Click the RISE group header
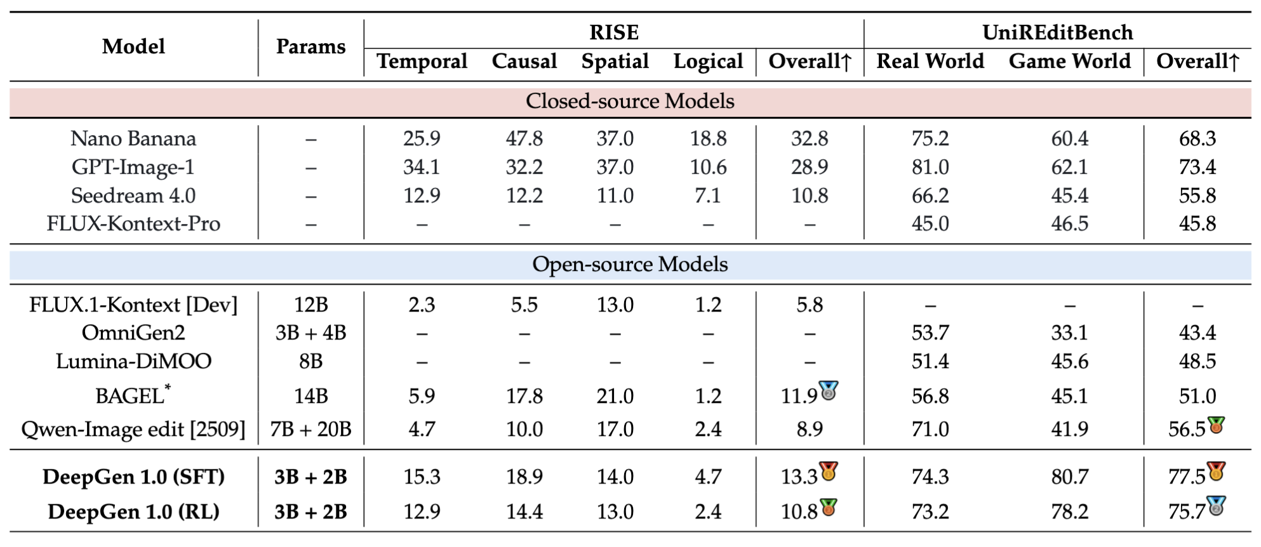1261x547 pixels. point(613,32)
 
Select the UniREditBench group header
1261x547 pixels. point(1057,32)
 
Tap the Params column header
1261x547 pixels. point(310,47)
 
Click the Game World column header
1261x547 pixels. point(1069,62)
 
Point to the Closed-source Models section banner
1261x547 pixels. point(630,102)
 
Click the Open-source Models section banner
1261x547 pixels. point(630,265)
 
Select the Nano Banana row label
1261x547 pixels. point(133,139)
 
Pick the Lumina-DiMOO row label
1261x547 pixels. point(133,362)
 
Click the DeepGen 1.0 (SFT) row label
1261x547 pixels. point(133,477)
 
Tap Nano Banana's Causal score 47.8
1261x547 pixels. point(524,139)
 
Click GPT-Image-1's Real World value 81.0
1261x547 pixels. point(930,168)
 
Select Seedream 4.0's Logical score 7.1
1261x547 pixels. point(708,196)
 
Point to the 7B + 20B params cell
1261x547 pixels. point(310,430)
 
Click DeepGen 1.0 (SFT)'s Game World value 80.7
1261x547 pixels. point(1069,477)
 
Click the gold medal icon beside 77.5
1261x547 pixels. point(1216,471)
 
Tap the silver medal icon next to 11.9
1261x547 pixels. point(829,390)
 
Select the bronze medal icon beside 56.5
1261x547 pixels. point(1216,425)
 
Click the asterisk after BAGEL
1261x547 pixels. point(168,386)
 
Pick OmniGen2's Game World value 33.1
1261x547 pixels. point(1069,333)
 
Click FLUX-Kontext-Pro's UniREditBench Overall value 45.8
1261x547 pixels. point(1197,224)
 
